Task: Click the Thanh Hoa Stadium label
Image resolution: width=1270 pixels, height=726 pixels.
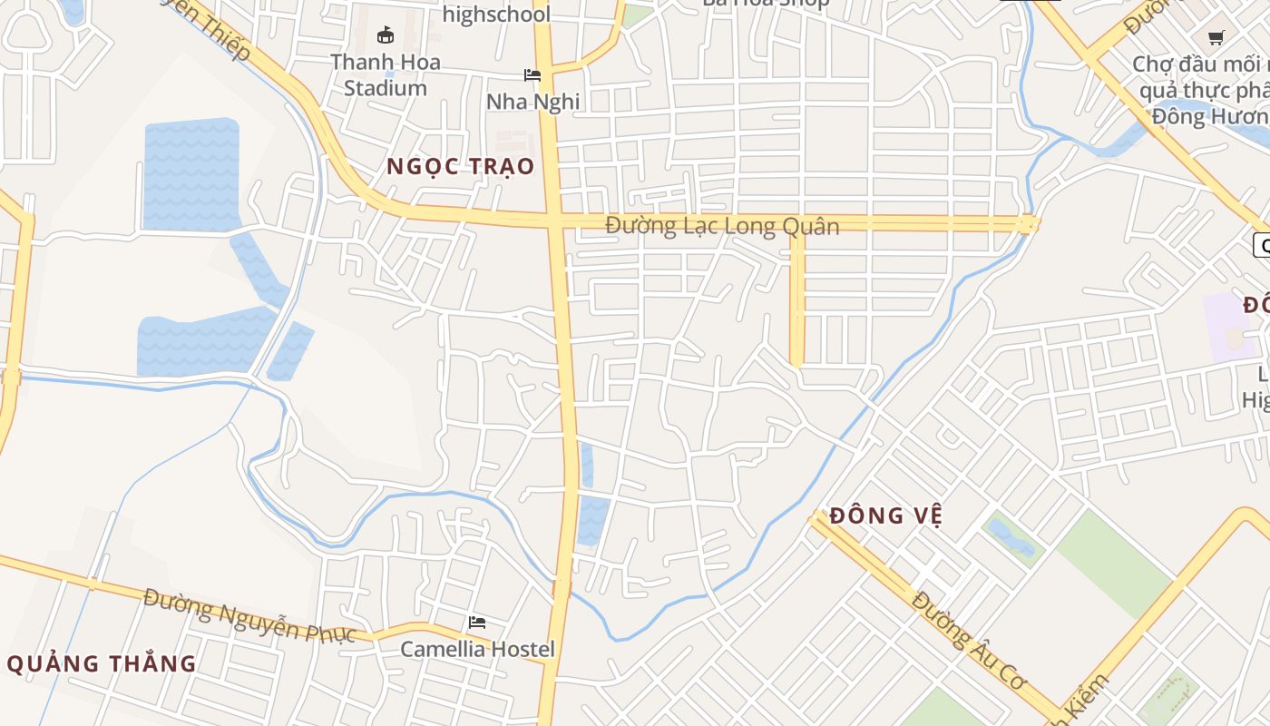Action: [385, 75]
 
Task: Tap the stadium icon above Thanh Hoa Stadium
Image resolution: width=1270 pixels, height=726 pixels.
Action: [386, 35]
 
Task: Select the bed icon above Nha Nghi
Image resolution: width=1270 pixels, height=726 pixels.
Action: [532, 74]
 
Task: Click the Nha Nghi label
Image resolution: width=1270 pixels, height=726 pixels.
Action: [532, 101]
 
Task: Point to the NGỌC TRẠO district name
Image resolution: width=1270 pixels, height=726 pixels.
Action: [460, 167]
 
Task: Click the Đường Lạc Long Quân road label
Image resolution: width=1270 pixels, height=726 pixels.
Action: [722, 225]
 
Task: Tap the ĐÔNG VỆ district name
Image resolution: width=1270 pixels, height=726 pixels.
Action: [886, 515]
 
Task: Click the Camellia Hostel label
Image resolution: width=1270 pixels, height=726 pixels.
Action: [477, 649]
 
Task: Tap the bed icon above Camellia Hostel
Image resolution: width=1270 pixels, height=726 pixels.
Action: [477, 623]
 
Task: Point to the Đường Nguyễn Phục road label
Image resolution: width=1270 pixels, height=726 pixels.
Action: [249, 615]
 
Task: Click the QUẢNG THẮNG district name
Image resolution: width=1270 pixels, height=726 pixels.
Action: [102, 663]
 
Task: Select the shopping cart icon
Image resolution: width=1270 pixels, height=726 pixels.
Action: [1216, 37]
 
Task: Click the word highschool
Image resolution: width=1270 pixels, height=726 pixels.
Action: [496, 15]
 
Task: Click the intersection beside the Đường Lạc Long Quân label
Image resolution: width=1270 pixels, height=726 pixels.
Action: [554, 221]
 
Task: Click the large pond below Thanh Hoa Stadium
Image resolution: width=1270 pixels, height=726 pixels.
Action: [191, 173]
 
